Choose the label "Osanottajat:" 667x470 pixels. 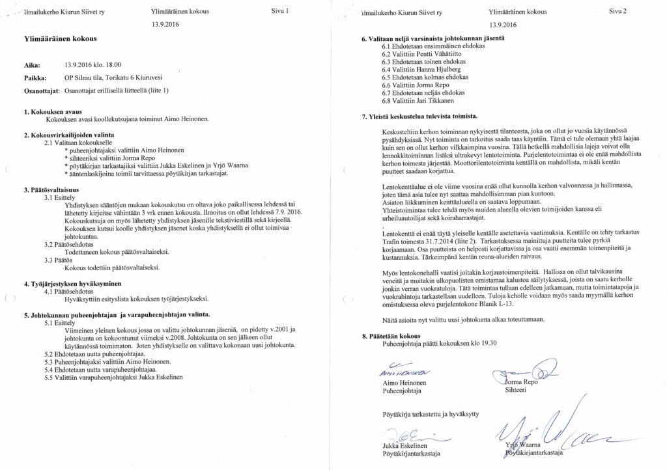point(42,90)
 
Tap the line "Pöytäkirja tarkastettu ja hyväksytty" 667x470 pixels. point(431,414)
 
